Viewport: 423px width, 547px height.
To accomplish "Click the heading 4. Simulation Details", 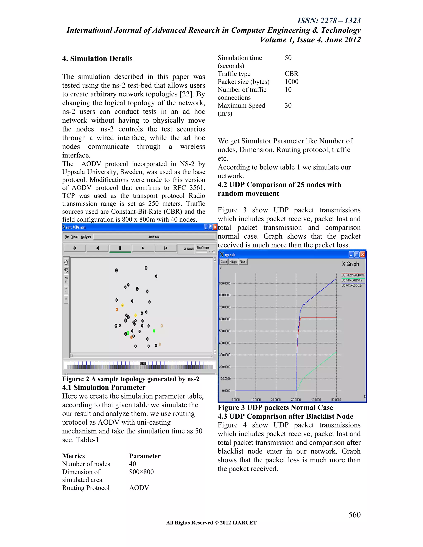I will [97, 59].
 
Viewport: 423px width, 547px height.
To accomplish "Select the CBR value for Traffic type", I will [291, 74].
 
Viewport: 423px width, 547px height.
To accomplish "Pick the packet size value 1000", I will [291, 82].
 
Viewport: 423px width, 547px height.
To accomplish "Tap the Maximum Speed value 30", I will [288, 105].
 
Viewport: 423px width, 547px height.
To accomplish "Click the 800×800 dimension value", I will [141, 472].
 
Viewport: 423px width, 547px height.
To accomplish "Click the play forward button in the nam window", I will [143, 248].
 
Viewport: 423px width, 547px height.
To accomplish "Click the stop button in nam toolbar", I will [120, 248].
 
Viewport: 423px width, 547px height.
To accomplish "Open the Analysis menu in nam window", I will [86, 237].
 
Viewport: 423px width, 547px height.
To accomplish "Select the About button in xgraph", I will [243, 262].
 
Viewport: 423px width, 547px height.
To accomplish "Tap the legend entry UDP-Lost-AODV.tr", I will [353, 275].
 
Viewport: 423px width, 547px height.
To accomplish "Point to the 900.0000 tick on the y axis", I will [225, 283].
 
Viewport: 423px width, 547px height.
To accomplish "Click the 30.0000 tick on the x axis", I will [296, 400].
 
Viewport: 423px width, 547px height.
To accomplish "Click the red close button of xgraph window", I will [363, 255].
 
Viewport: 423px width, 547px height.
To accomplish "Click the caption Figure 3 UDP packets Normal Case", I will [275, 408].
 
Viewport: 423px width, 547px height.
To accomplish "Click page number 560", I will [354, 515].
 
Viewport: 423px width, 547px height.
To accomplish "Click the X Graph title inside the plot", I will [350, 264].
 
